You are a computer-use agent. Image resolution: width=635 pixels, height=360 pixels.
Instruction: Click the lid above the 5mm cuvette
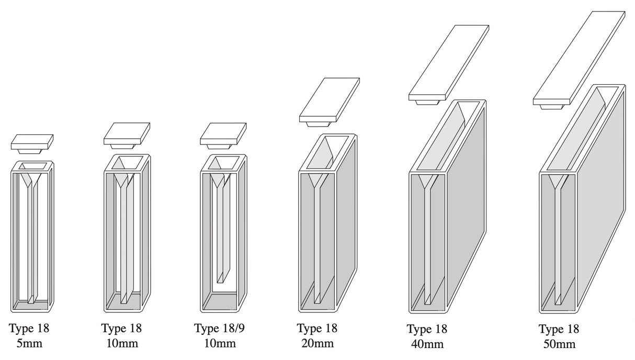(32, 141)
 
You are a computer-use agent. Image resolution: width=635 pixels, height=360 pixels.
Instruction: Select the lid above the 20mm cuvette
(330, 100)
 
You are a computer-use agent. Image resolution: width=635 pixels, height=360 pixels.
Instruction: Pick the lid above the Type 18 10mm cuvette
(127, 134)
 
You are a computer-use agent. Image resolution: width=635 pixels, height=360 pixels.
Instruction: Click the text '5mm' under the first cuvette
(29, 343)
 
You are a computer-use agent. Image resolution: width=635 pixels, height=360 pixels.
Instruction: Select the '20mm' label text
(317, 343)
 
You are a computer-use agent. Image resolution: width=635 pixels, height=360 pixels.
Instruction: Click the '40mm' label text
(427, 344)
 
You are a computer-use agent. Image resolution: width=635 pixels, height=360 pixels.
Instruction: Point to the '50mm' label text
(559, 344)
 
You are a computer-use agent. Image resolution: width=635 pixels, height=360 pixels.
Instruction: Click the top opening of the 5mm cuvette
(32, 166)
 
